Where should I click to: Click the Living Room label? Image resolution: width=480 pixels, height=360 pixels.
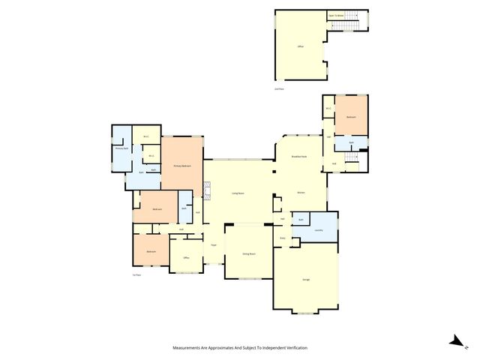[x=239, y=193]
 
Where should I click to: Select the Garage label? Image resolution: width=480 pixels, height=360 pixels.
[x=306, y=280]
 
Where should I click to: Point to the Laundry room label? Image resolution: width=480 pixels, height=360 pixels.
[x=319, y=230]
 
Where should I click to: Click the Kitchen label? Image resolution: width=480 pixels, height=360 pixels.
[x=301, y=193]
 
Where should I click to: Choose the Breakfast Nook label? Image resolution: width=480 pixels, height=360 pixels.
[x=299, y=157]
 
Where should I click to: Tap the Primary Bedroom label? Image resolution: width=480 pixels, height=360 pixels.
[x=181, y=166]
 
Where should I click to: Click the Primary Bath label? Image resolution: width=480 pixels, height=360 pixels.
[x=120, y=148]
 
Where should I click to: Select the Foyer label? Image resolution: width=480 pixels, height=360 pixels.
[x=214, y=245]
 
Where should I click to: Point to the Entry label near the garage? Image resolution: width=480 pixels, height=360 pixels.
[x=283, y=238]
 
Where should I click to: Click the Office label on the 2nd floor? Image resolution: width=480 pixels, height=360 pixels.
[x=300, y=46]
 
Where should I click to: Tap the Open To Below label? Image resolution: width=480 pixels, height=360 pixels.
[x=334, y=15]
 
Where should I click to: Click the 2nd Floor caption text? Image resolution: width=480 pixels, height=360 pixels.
[x=279, y=89]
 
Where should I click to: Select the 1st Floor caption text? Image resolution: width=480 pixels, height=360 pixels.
[x=137, y=275]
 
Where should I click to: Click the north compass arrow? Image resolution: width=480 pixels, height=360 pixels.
[x=454, y=341]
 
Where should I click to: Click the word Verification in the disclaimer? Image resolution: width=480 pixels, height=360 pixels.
[x=295, y=348]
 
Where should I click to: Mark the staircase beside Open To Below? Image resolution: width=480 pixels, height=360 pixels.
[x=346, y=27]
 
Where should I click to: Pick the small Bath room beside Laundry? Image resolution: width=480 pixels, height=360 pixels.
[x=300, y=220]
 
